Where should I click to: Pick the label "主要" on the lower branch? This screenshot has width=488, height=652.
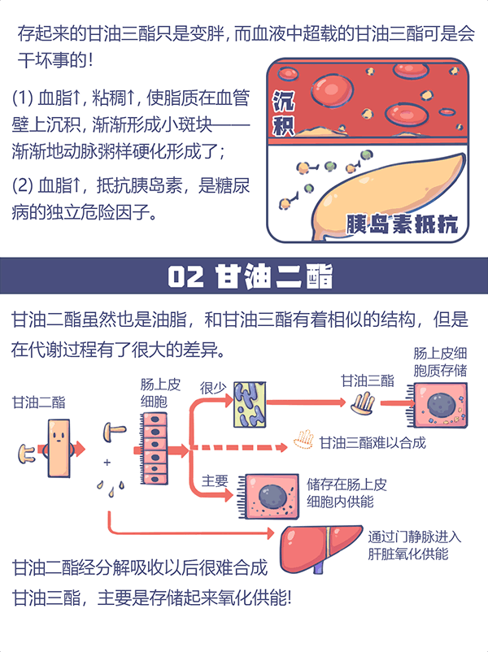[x=215, y=480]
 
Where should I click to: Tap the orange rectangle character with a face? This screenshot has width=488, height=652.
[x=58, y=446]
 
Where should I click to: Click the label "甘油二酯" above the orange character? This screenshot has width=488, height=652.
[x=39, y=402]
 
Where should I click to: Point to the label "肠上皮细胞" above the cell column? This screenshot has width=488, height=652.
[x=159, y=394]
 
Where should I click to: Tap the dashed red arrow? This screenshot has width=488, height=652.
[x=240, y=446]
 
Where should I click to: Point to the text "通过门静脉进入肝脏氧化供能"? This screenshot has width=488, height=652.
[x=414, y=546]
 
